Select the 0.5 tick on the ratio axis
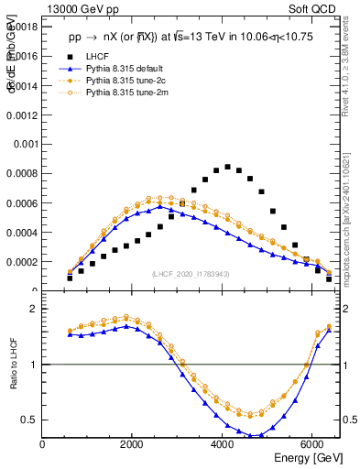(28, 420)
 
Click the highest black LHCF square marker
(227, 167)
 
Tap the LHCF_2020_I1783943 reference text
(191, 274)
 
